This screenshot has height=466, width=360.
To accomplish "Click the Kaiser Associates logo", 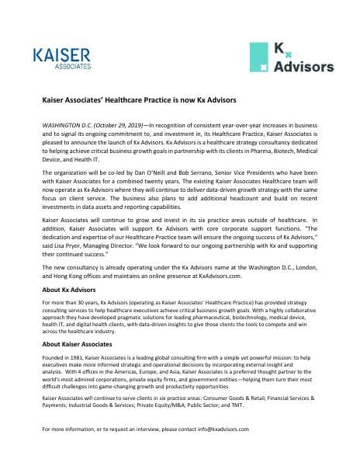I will pos(63,57).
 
